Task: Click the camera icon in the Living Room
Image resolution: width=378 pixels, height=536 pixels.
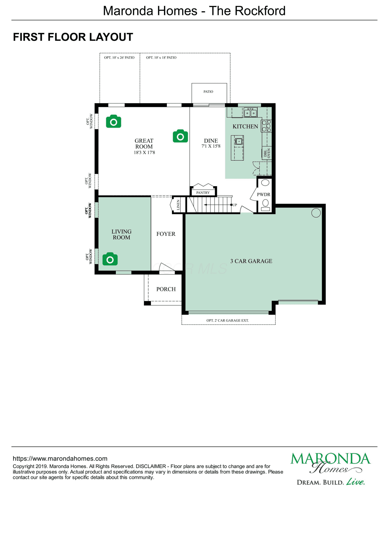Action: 110,259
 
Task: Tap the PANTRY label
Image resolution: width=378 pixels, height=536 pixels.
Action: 203,193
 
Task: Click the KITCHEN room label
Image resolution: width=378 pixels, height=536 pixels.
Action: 245,126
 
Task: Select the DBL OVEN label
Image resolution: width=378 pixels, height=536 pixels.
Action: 267,153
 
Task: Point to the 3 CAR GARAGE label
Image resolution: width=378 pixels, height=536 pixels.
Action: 251,261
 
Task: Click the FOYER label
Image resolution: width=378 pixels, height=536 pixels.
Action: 166,234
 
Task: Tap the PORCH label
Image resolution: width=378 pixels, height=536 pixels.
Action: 166,289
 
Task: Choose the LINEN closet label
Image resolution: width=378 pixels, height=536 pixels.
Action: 178,205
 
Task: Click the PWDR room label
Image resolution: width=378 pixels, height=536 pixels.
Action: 264,195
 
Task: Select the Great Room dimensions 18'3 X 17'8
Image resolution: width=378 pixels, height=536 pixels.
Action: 144,152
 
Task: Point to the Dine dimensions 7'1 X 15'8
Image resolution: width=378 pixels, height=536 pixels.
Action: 211,146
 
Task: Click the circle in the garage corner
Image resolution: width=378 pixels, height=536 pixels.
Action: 316,213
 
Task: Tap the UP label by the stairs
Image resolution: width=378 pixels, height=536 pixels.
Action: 235,205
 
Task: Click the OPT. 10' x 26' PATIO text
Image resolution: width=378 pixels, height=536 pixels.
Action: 119,58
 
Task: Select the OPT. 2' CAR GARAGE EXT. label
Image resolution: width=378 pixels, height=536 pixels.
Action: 228,321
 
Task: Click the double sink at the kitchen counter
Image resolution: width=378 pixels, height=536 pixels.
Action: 250,113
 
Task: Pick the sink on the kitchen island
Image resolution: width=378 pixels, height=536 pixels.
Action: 239,141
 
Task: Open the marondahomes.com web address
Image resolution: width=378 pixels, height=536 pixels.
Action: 60,459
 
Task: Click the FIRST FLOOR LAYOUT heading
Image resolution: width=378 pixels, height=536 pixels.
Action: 73,37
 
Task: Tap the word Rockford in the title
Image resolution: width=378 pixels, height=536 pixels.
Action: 261,11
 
